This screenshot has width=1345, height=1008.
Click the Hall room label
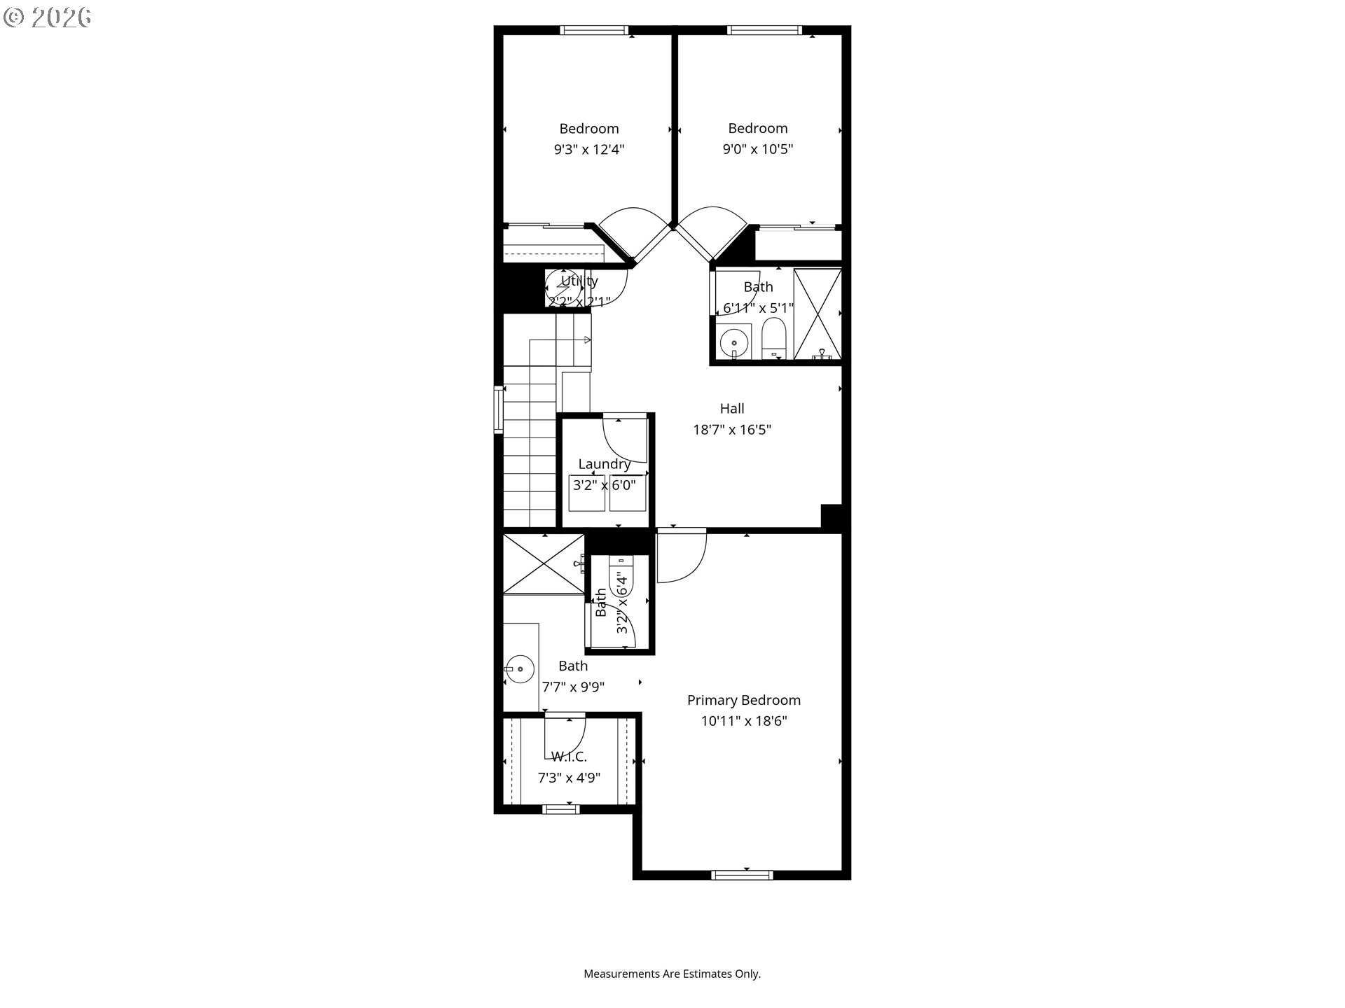pos(732,409)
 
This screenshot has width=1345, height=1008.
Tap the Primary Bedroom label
pos(743,700)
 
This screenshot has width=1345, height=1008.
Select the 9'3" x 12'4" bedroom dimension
pos(588,149)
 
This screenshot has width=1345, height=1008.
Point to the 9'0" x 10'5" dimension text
pos(757,149)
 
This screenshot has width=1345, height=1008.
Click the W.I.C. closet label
pos(569,757)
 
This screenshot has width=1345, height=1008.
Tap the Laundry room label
pos(604,464)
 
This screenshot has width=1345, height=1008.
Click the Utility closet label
pos(579,281)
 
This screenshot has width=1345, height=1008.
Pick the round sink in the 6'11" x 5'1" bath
pos(733,343)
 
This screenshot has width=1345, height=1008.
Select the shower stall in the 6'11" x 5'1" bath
pos(817,314)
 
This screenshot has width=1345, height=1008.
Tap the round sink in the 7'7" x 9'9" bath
pos(520,669)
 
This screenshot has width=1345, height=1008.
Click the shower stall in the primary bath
pos(544,564)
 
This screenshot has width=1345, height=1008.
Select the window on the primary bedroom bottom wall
pos(742,874)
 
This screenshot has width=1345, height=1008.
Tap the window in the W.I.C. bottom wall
pos(561,809)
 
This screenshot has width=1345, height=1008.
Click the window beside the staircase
pos(499,409)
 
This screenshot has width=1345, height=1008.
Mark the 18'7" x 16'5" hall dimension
pos(732,430)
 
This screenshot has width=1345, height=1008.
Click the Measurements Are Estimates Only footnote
pos(672,974)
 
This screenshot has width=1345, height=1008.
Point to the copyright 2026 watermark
pos(47,17)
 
